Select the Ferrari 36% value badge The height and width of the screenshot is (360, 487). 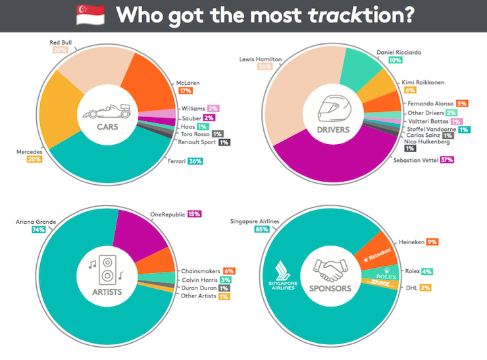[x=195, y=161]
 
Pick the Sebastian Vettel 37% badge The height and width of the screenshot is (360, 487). [x=447, y=159]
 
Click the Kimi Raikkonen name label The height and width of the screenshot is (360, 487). [x=424, y=82]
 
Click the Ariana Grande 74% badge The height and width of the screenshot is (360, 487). [x=20, y=230]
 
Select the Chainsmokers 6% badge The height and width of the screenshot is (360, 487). [x=230, y=270]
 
